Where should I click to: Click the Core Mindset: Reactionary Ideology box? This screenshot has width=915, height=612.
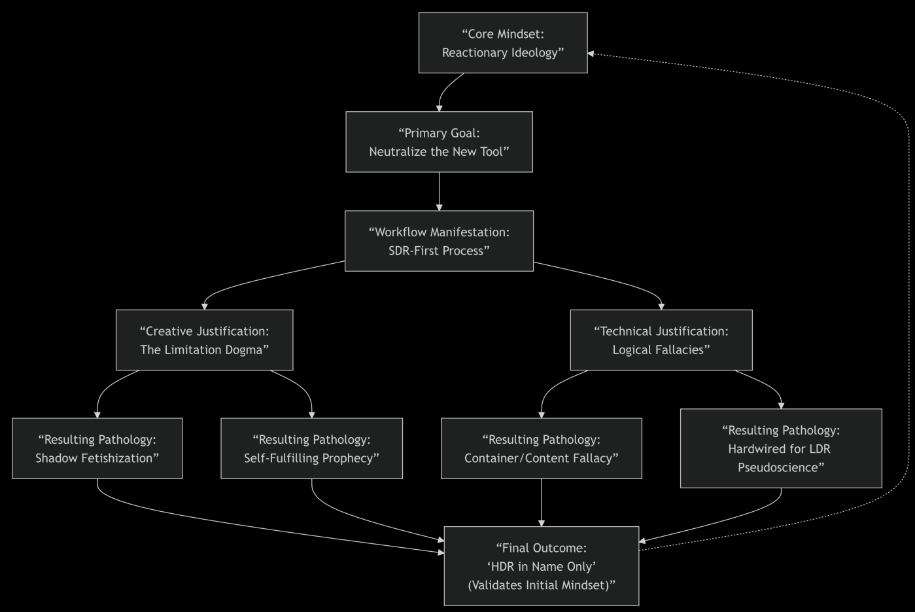[x=503, y=43]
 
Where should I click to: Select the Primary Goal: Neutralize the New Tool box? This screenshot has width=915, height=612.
[x=439, y=142]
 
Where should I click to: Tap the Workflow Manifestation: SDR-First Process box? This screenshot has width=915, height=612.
[x=439, y=241]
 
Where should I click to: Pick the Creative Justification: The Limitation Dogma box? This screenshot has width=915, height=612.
[x=204, y=340]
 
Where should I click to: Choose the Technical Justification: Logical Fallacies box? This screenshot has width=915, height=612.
[x=661, y=340]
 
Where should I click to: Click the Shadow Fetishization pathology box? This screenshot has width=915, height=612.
[x=97, y=448]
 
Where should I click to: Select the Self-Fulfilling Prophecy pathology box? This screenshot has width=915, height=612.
[x=311, y=448]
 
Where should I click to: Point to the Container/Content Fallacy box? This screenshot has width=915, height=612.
[x=542, y=448]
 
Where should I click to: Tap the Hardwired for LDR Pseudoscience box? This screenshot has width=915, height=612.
[x=781, y=448]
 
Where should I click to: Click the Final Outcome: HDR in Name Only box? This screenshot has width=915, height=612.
[x=542, y=566]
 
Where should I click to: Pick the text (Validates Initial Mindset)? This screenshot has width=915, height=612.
[x=542, y=585]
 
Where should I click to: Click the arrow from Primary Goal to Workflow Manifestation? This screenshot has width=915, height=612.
[x=439, y=191]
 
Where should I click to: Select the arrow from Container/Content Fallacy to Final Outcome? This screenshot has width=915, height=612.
[x=542, y=503]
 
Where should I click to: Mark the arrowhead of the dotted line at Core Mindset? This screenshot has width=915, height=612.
[x=591, y=54]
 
